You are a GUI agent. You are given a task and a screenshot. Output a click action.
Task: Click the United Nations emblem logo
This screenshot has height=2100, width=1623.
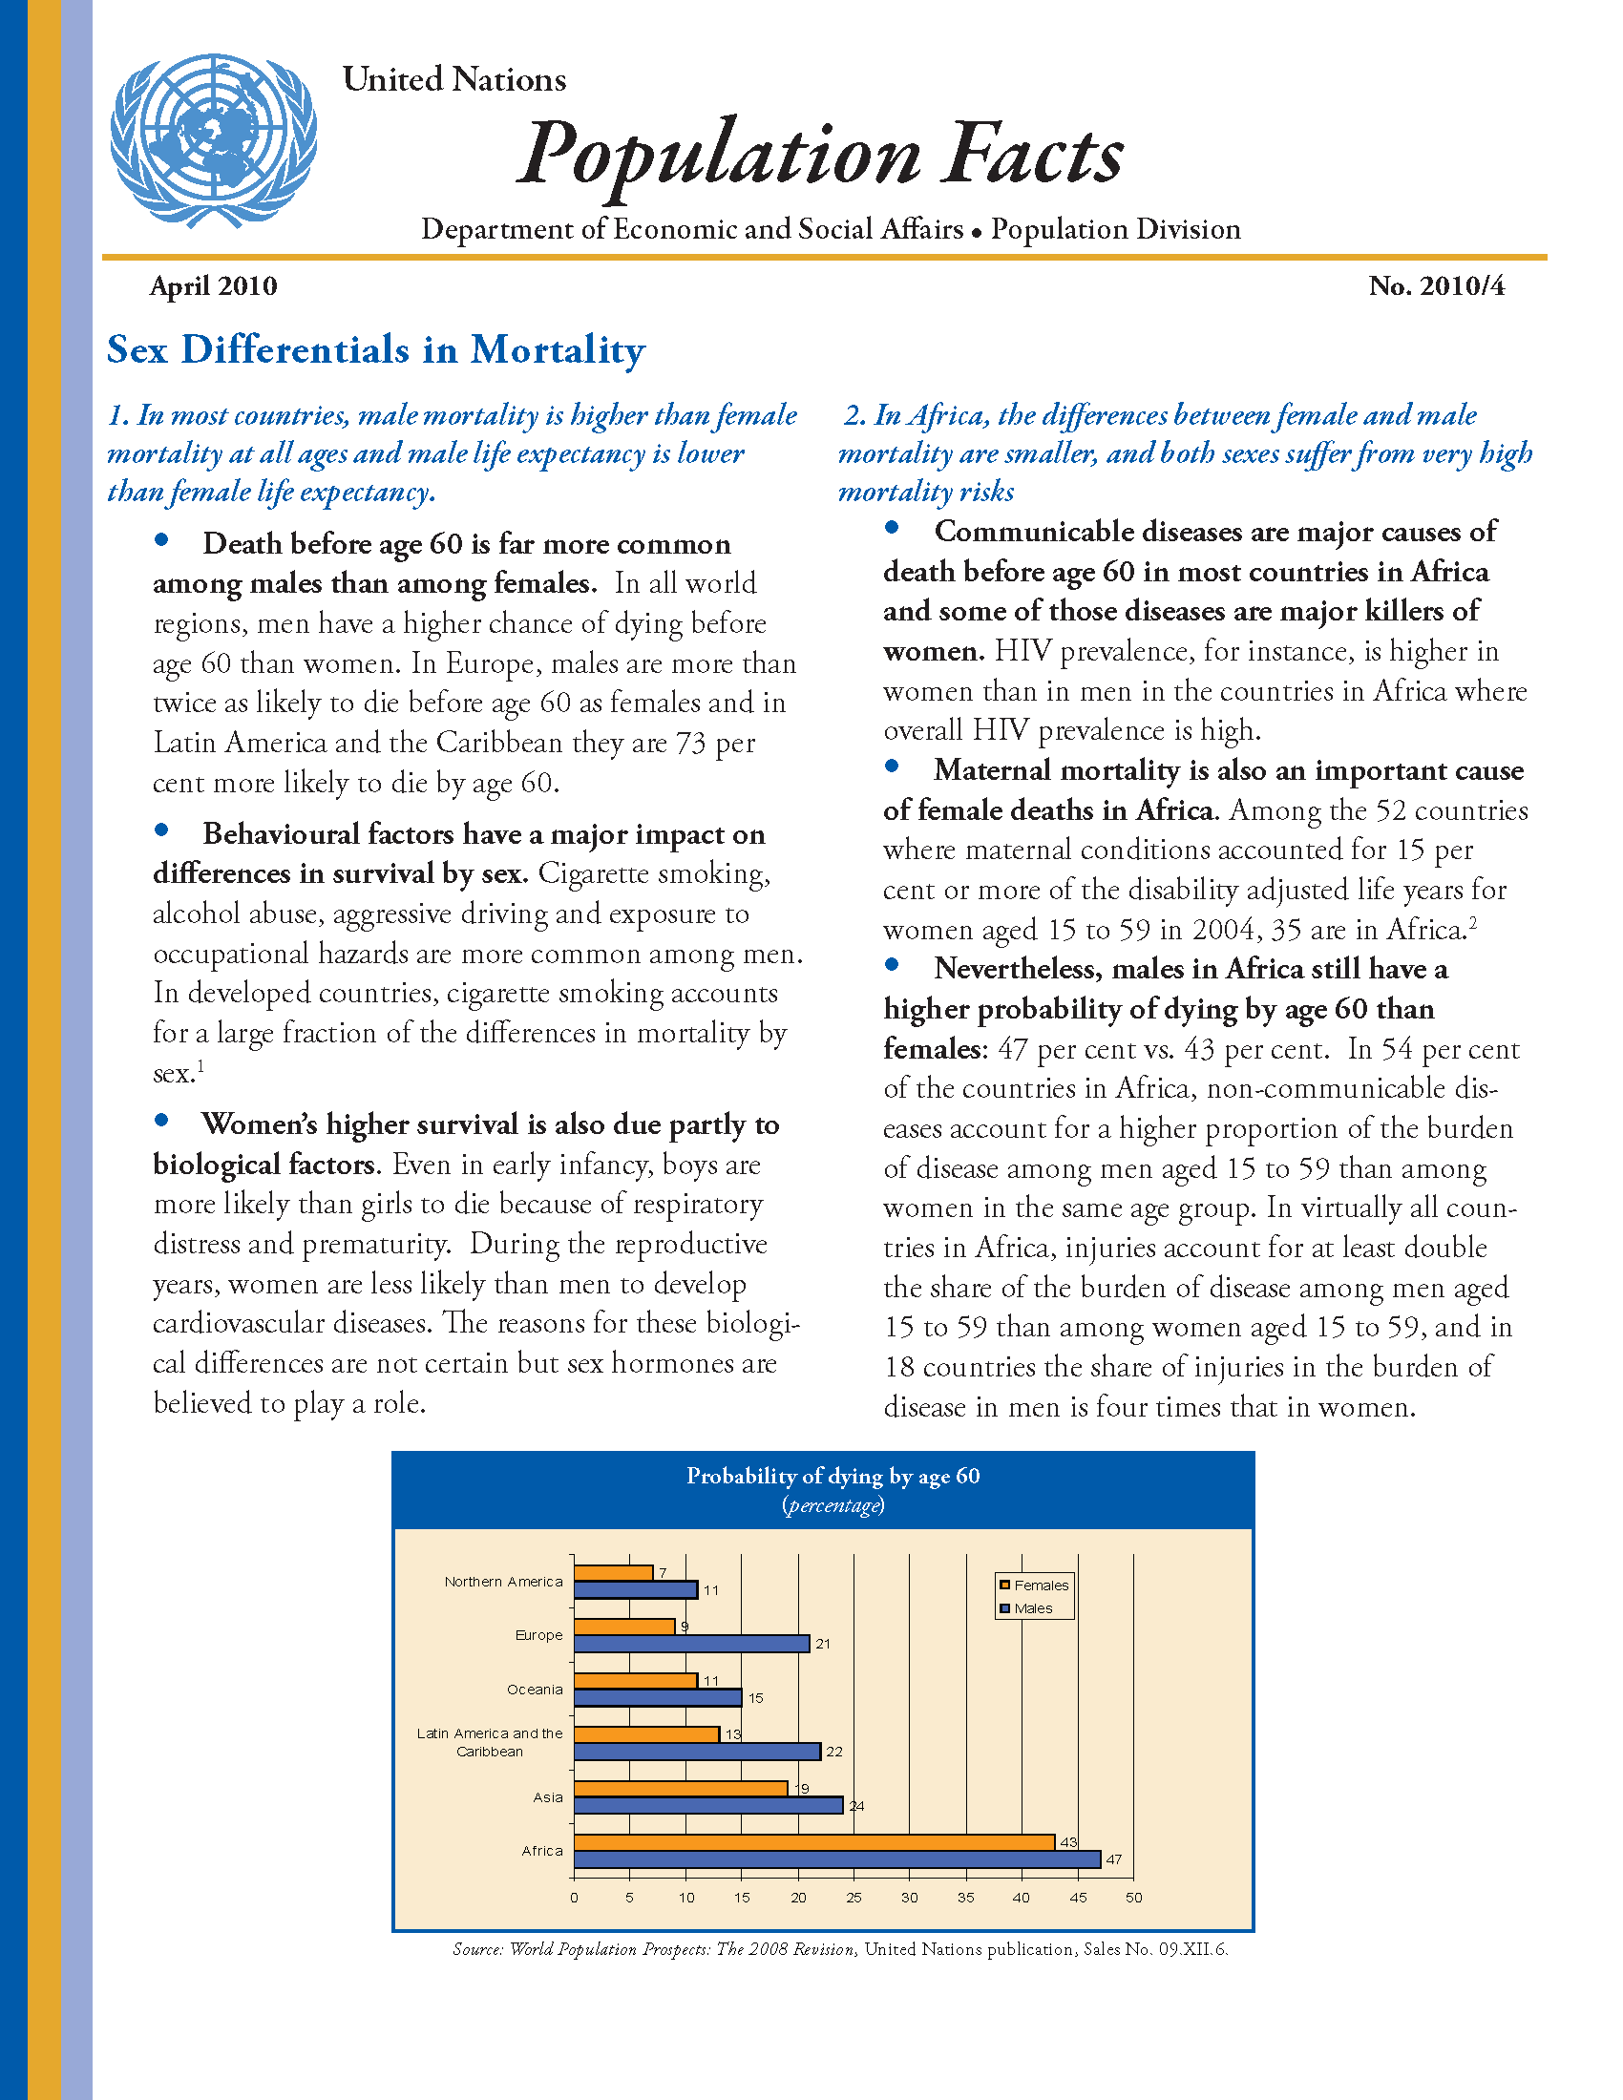(x=213, y=140)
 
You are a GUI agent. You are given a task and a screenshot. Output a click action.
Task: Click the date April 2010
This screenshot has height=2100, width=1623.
(x=214, y=286)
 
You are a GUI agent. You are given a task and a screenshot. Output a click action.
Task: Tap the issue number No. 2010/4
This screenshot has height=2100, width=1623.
(x=1437, y=286)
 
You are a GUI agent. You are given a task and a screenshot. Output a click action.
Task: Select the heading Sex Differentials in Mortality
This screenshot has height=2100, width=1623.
(x=376, y=350)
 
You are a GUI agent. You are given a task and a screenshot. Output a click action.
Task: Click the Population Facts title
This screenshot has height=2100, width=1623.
(x=820, y=154)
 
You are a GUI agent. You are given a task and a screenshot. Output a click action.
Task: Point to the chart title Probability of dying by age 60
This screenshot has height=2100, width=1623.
(x=833, y=1476)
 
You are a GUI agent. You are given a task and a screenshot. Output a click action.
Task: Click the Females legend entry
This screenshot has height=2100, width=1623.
(x=1041, y=1585)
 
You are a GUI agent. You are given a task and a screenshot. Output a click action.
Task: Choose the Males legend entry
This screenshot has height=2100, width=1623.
(x=1033, y=1608)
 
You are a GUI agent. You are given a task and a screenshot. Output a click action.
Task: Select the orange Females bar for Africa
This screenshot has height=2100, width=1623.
(x=814, y=1842)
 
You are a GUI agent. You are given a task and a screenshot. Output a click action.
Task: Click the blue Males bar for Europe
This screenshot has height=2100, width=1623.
(x=691, y=1645)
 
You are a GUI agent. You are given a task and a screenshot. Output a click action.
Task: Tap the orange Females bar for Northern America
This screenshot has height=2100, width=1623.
(x=614, y=1573)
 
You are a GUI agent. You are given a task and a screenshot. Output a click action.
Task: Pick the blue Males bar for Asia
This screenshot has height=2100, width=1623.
(x=708, y=1806)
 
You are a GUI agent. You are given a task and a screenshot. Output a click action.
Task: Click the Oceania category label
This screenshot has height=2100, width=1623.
(x=535, y=1690)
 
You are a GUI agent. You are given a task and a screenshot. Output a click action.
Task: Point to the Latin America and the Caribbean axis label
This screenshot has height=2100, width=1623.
(x=490, y=1742)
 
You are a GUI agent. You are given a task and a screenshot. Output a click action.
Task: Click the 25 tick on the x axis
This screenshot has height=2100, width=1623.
(x=854, y=1898)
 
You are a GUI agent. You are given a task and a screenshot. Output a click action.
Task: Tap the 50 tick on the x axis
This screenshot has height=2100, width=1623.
(x=1133, y=1898)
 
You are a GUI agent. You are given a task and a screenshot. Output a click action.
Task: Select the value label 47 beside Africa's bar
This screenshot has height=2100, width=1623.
(x=1113, y=1859)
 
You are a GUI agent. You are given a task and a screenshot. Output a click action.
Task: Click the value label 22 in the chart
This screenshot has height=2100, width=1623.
(x=833, y=1752)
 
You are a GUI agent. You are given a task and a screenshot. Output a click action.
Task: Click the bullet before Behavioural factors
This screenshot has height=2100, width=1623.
(x=161, y=829)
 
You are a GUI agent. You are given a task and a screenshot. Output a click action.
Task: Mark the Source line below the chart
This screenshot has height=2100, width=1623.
(x=840, y=1949)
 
